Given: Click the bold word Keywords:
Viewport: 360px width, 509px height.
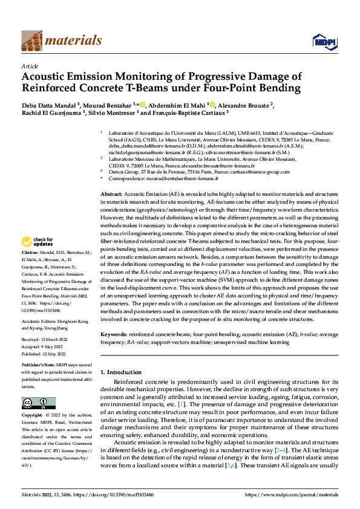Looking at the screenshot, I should pyautogui.click(x=113, y=334).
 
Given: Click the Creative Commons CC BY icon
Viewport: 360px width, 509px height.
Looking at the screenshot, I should pyautogui.click(x=39, y=403).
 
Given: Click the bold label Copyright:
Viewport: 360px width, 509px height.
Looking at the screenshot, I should pyautogui.click(x=32, y=416).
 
